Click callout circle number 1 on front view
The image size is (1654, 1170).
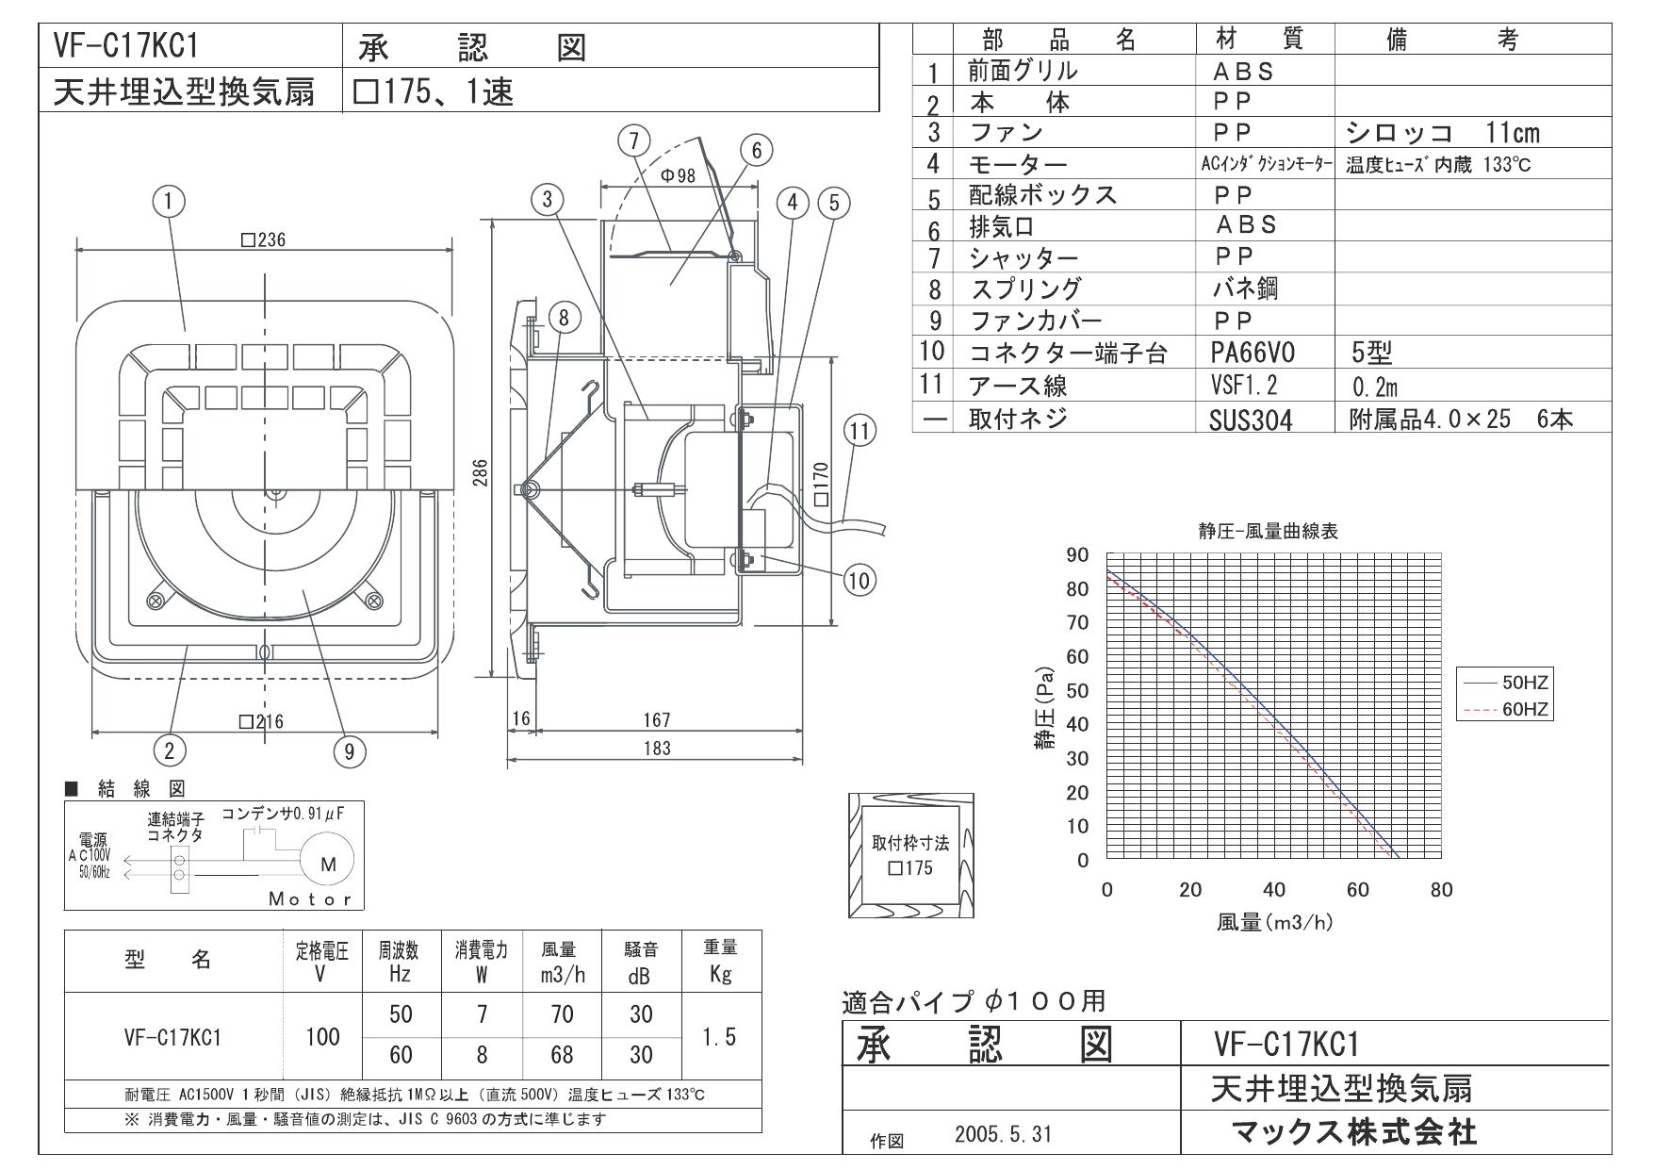pos(171,202)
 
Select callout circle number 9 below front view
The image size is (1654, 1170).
pos(349,750)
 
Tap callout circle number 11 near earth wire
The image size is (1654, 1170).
pos(859,432)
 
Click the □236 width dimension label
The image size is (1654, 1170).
pos(263,239)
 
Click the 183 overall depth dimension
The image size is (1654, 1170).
pos(656,748)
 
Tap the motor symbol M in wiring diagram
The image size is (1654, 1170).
pos(328,864)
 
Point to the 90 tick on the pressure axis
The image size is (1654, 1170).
pos(1077,554)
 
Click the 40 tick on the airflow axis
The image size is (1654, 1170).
pos(1273,889)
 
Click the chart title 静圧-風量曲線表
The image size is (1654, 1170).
pos(1268,532)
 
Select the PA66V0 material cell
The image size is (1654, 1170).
pos(1252,354)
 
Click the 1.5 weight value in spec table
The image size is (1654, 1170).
pos(720,1036)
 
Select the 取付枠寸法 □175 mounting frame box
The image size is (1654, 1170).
pos(910,855)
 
